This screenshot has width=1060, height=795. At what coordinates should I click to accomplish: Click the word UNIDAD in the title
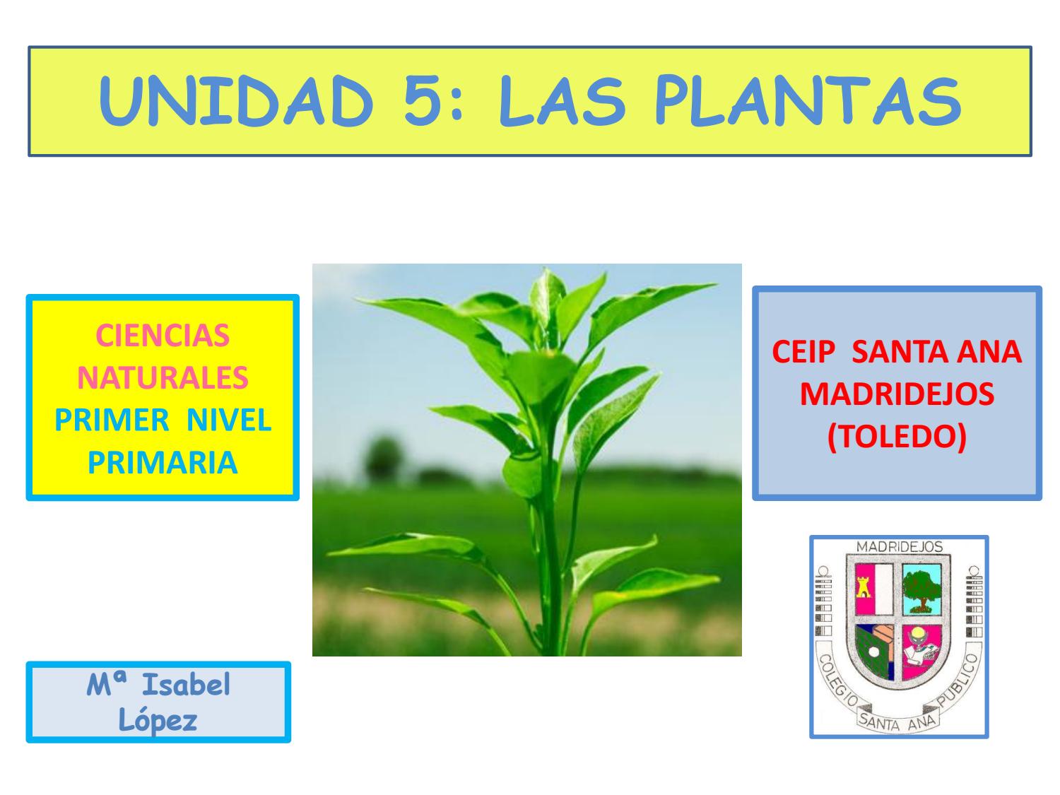click(237, 103)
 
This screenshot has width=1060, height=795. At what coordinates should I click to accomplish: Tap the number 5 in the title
click(428, 103)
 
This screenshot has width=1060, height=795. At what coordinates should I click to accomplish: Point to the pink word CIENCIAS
click(163, 336)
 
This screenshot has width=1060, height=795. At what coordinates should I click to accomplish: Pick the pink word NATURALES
click(163, 378)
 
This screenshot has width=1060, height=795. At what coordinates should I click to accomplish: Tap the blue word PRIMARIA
click(163, 463)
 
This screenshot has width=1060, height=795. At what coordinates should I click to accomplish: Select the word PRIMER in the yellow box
click(112, 420)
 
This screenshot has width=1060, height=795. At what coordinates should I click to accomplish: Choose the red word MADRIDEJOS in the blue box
click(897, 394)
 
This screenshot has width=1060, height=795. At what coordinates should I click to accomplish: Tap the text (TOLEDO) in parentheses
click(897, 437)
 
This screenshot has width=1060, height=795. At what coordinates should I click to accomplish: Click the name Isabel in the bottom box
click(187, 685)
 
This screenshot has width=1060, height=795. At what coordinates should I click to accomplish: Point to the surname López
click(158, 720)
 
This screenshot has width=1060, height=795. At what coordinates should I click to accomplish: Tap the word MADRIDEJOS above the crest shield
click(899, 547)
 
